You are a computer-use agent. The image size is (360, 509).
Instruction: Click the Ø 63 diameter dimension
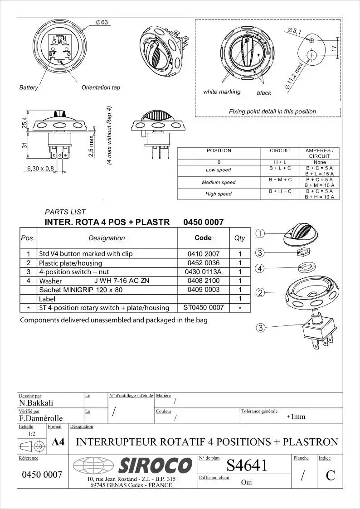(102, 23)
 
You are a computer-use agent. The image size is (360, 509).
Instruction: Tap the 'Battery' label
(29, 87)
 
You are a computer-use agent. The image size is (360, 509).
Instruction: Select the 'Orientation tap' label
(101, 87)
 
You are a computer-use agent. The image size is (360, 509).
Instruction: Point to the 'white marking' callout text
(222, 92)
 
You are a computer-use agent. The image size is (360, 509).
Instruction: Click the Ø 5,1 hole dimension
(295, 31)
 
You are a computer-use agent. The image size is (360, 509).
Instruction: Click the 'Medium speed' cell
(219, 182)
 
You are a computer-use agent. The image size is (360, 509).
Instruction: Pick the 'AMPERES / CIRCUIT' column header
(319, 153)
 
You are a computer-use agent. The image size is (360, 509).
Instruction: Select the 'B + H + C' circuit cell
(280, 191)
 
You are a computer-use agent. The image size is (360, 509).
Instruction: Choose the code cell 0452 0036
(203, 263)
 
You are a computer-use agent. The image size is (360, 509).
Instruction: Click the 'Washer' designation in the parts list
(50, 281)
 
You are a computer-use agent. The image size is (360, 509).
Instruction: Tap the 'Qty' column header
(239, 238)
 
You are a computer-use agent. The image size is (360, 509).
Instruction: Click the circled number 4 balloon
(260, 269)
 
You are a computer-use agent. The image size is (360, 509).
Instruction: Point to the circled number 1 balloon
(260, 234)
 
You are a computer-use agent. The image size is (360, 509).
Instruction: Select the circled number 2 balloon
(260, 292)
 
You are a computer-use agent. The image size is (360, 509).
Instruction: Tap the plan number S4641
(247, 465)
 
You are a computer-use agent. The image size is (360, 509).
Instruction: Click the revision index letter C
(331, 475)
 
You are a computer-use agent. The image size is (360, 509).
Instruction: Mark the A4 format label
(58, 442)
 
